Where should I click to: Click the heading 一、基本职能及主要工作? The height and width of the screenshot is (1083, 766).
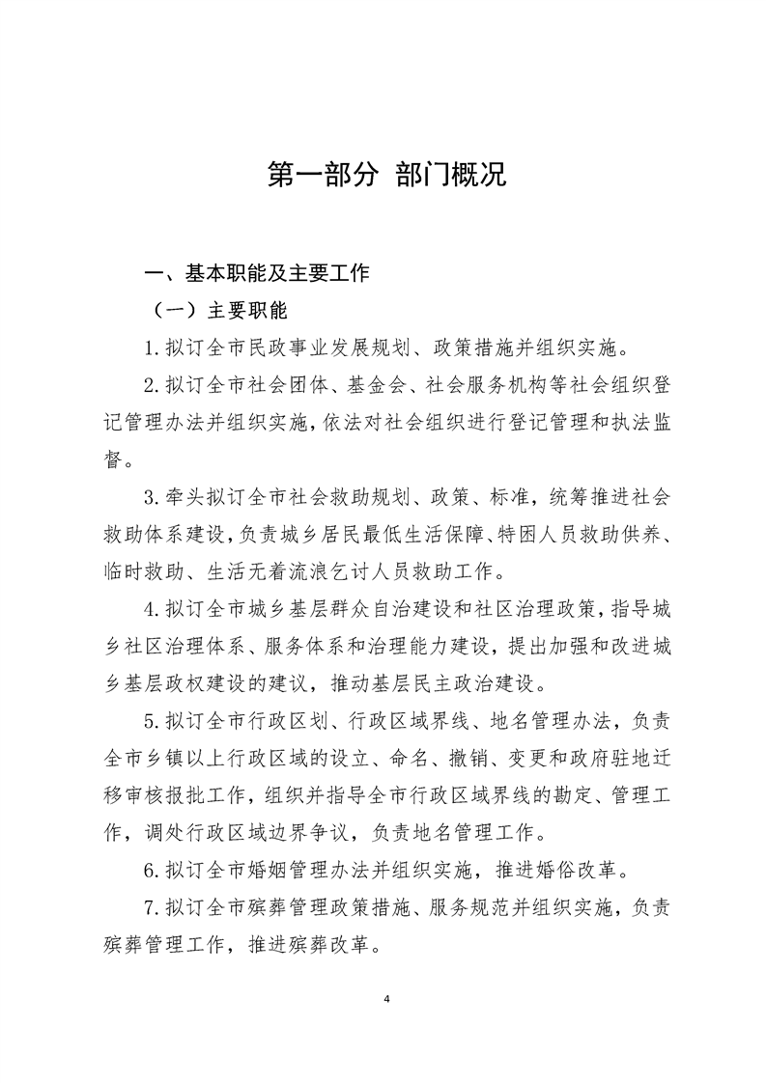coord(256,273)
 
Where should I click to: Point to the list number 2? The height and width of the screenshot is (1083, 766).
coord(151,386)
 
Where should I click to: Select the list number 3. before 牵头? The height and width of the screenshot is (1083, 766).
coord(151,498)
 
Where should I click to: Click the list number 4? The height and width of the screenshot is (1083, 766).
coord(151,611)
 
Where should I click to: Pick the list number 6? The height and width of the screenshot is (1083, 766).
coord(151,873)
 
